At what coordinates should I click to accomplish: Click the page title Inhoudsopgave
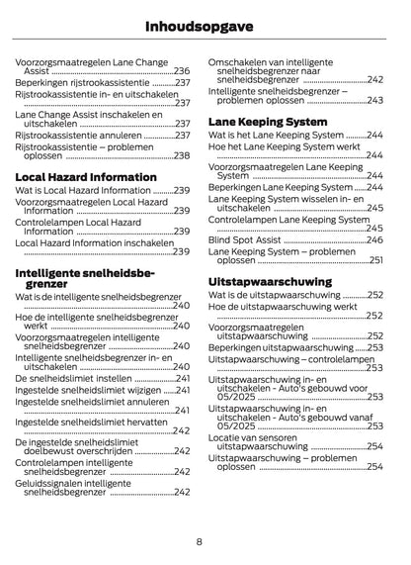205,24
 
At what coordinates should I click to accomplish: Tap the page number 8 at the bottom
199,540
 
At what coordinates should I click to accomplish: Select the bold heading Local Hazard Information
86,176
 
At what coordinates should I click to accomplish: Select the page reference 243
374,101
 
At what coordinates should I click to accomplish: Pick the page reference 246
374,239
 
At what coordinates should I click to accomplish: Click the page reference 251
375,260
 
